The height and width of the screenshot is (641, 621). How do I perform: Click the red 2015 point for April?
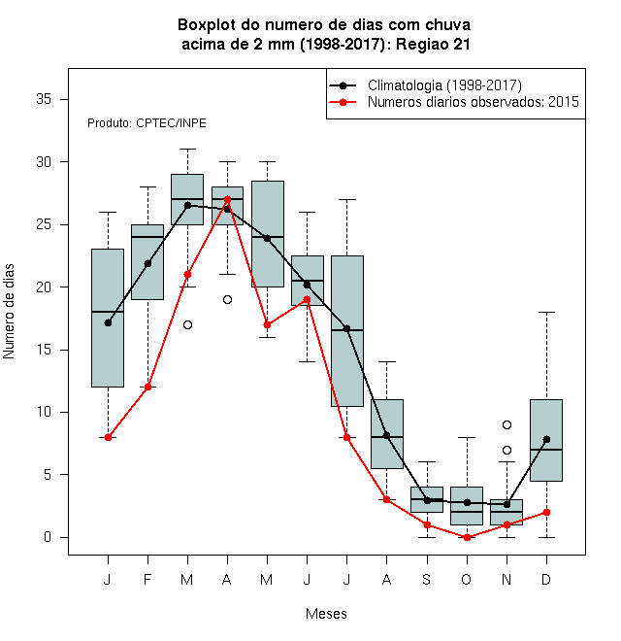click(228, 199)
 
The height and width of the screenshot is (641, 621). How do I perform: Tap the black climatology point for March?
click(187, 205)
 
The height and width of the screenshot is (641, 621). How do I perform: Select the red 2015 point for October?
click(467, 537)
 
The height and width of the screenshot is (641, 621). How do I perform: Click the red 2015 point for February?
click(147, 387)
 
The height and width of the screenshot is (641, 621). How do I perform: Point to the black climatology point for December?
click(546, 439)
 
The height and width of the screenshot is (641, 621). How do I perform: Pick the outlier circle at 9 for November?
click(507, 424)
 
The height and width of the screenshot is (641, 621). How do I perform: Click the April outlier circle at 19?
click(228, 300)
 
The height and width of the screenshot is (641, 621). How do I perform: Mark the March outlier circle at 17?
click(187, 325)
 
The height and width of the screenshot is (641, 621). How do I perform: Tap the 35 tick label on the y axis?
click(44, 99)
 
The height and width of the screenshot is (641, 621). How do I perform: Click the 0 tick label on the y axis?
click(48, 537)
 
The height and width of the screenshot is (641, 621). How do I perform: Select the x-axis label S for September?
click(427, 579)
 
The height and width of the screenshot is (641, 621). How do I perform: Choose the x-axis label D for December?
click(546, 579)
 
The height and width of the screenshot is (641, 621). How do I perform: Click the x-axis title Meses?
click(326, 614)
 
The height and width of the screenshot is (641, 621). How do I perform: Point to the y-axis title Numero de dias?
click(9, 312)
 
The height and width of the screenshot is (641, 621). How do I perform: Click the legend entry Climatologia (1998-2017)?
click(444, 85)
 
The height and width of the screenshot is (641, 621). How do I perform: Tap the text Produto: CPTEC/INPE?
click(147, 123)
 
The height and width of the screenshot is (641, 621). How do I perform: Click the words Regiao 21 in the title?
click(433, 44)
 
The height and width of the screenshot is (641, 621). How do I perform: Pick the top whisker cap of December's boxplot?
click(546, 312)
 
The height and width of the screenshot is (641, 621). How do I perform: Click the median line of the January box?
click(108, 312)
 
